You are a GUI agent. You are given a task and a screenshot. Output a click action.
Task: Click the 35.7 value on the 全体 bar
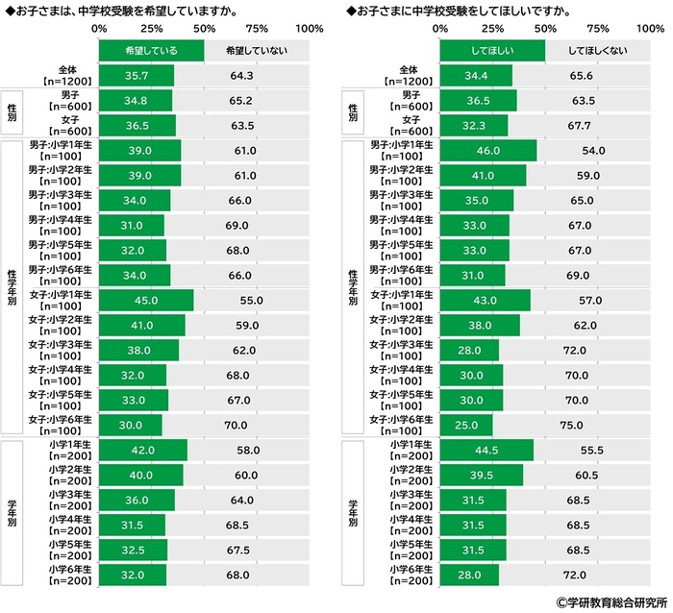pyautogui.click(x=137, y=76)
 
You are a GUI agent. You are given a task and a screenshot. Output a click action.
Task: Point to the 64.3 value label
pyautogui.click(x=241, y=76)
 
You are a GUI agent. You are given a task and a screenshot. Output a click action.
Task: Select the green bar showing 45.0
pyautogui.click(x=145, y=300)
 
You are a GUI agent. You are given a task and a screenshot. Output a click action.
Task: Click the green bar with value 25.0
pyautogui.click(x=466, y=425)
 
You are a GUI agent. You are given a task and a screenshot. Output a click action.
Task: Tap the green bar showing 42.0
pyautogui.click(x=142, y=450)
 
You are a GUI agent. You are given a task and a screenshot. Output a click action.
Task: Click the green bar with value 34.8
pyautogui.click(x=136, y=101)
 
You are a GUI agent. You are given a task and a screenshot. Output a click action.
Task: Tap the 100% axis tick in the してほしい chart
pyautogui.click(x=652, y=29)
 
